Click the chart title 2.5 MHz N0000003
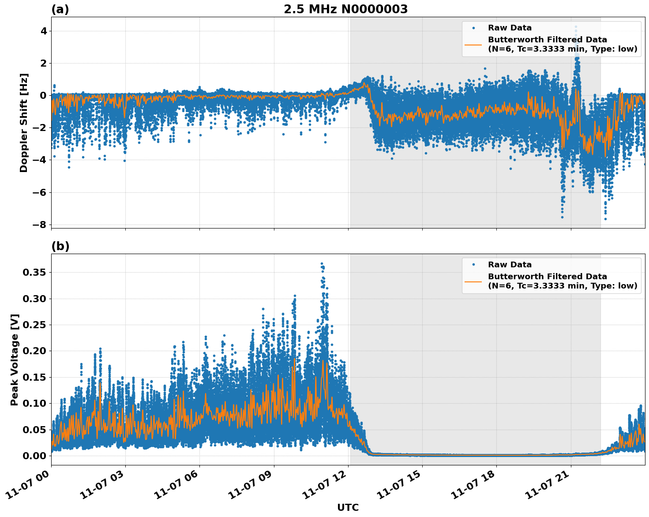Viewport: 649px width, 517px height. click(x=345, y=9)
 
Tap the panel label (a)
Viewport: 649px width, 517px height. click(x=60, y=9)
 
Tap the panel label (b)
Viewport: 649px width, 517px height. click(x=60, y=246)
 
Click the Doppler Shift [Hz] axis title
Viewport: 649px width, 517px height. click(x=24, y=123)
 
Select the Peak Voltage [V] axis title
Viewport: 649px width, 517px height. click(x=15, y=360)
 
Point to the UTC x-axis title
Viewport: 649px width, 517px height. click(x=348, y=507)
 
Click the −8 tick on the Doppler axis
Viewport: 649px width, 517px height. click(x=39, y=225)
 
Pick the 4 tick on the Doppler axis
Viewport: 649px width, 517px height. click(x=44, y=31)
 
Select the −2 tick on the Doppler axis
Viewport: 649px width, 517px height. click(x=39, y=128)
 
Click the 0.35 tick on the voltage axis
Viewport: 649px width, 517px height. click(x=34, y=273)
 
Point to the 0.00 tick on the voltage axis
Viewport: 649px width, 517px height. click(x=34, y=456)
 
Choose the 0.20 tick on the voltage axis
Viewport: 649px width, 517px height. click(x=34, y=351)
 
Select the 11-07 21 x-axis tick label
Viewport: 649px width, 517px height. click(x=548, y=485)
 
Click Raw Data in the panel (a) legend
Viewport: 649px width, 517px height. click(x=510, y=28)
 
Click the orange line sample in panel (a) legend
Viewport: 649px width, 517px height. click(x=473, y=45)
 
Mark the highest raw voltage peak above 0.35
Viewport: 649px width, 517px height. click(x=322, y=263)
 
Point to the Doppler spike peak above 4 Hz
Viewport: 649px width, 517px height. click(x=576, y=26)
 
